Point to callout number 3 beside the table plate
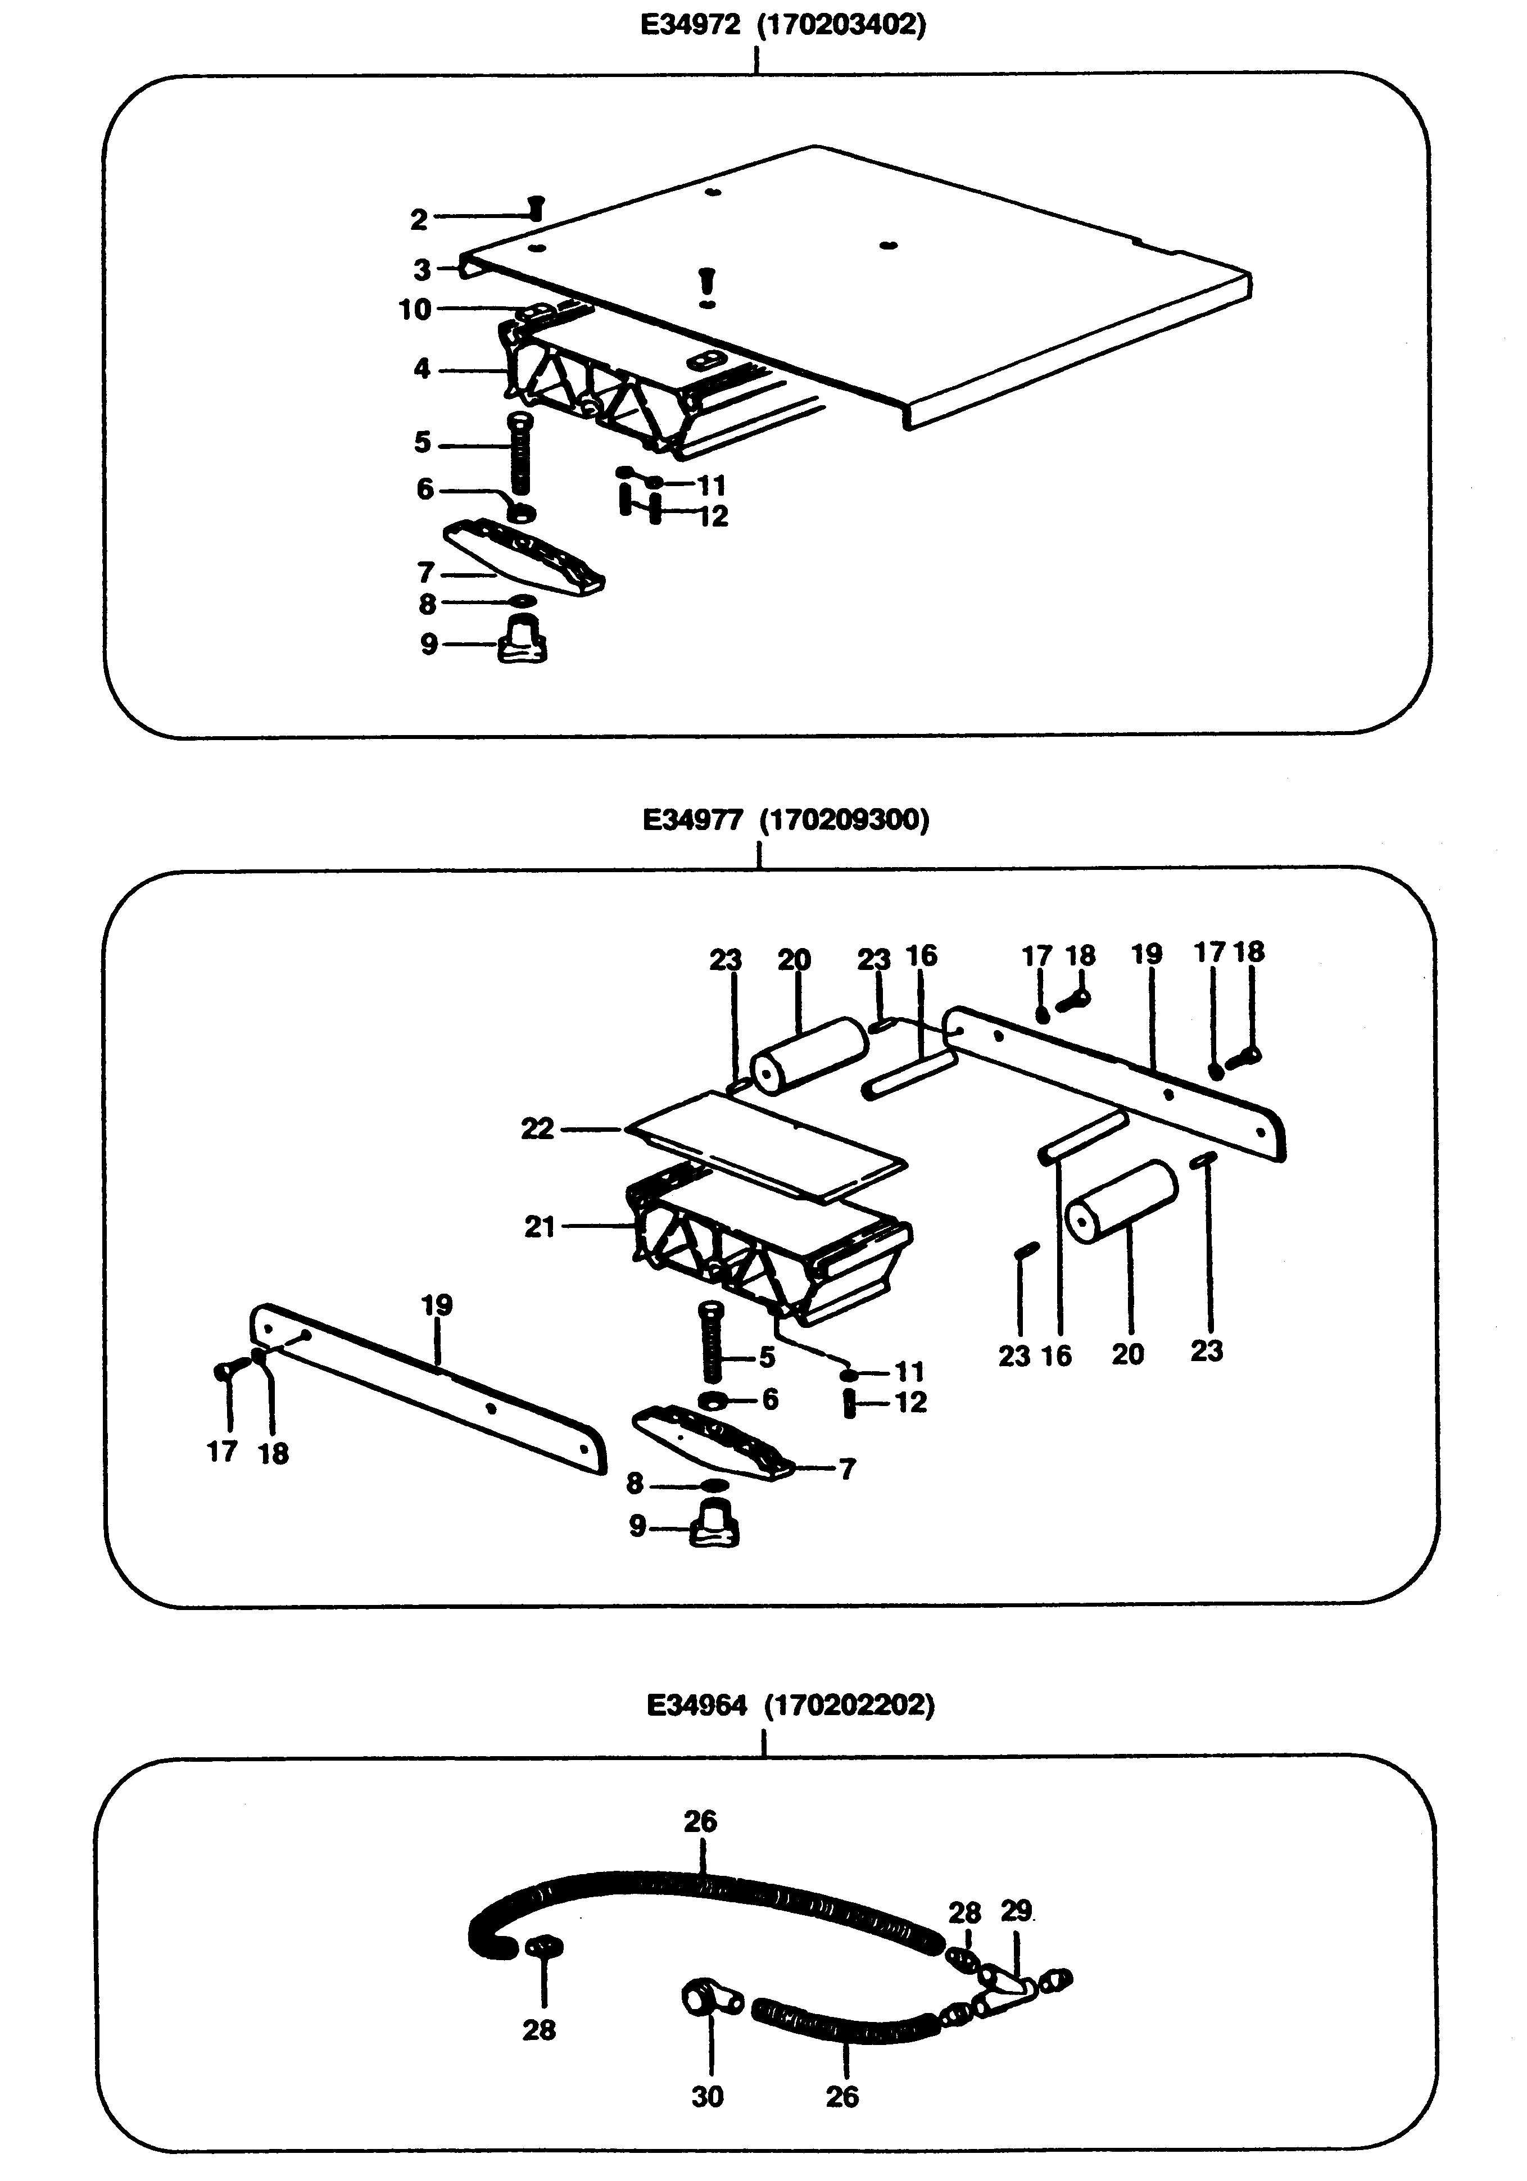click(x=423, y=270)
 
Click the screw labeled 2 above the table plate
click(x=535, y=206)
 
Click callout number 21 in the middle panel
click(x=540, y=1227)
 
